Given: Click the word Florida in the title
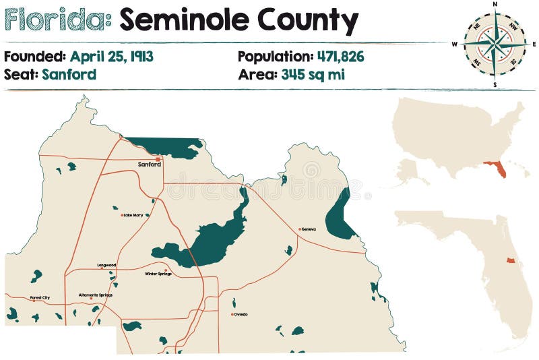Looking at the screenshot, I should [57, 21].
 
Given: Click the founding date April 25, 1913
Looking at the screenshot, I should [111, 57].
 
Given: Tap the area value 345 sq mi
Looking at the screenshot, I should [313, 74].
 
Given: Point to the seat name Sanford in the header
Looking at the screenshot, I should [69, 74].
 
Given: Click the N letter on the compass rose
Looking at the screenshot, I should [495, 4].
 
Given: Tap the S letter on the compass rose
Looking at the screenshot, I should [495, 85].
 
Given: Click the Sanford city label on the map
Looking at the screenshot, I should [149, 164].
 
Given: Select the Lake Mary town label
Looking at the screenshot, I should [133, 215].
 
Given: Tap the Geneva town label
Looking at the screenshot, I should [308, 229].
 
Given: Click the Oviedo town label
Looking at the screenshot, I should [241, 314].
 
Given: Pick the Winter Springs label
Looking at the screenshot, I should [159, 274].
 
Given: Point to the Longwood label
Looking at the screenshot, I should [106, 265].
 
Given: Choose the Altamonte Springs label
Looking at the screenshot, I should [96, 295].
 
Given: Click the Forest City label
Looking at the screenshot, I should [40, 297].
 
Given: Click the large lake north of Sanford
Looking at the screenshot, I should [165, 147].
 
